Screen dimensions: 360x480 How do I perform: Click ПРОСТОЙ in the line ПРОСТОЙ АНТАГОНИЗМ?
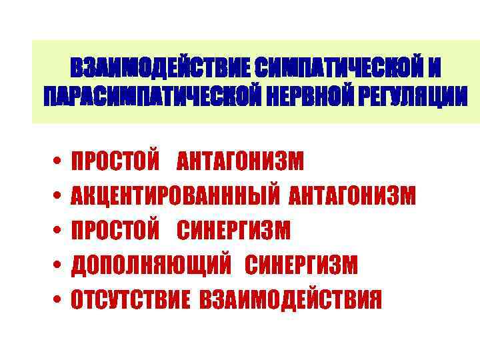[x=115, y=161]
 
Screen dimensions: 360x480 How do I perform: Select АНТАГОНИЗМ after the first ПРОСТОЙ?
[x=240, y=161]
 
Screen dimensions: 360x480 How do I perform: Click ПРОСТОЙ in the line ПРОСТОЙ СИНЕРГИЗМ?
[x=115, y=231]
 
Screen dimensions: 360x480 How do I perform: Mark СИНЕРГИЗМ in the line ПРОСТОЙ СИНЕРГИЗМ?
[x=233, y=231]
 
